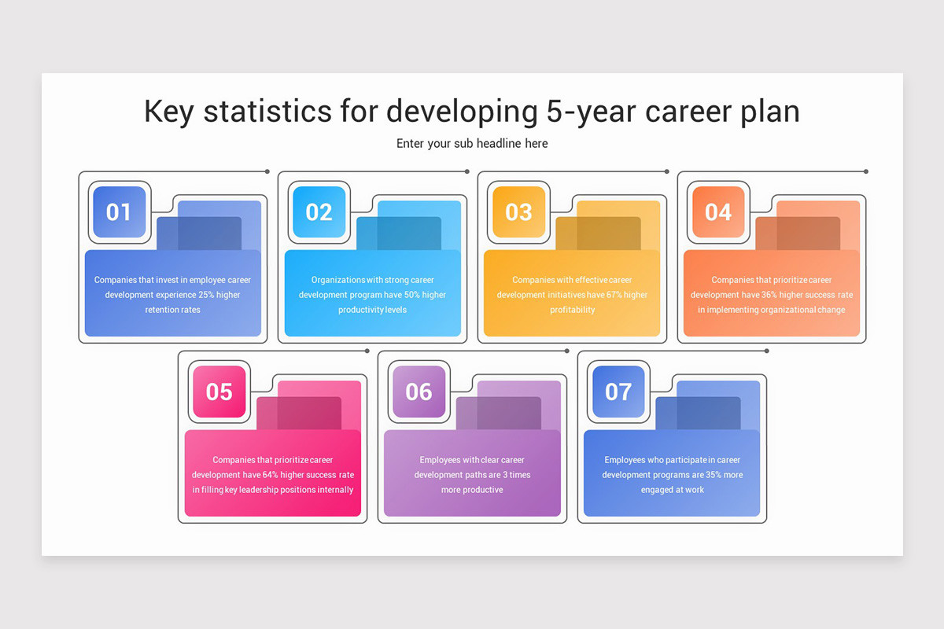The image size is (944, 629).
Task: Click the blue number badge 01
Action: (x=119, y=212)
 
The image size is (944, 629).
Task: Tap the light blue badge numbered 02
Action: (x=319, y=212)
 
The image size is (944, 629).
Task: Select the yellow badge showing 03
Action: (x=518, y=212)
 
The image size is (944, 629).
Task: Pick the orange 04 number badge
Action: (x=718, y=212)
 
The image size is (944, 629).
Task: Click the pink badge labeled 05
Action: (x=219, y=392)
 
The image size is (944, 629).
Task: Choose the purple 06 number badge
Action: (x=419, y=392)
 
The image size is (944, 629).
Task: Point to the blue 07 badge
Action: (x=618, y=392)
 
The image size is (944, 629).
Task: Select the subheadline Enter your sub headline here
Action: (x=472, y=144)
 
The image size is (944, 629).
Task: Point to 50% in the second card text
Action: (x=411, y=295)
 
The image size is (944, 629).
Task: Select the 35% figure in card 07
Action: (x=714, y=475)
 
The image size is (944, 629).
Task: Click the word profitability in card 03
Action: (x=572, y=310)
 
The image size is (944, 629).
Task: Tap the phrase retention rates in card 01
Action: (x=172, y=310)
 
